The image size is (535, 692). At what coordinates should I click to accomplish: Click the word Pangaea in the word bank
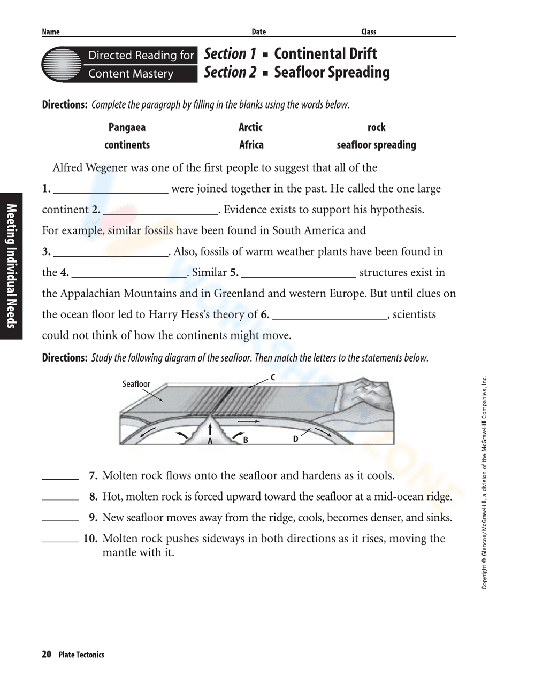point(127,127)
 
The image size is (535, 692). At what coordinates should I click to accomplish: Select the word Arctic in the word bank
point(250,127)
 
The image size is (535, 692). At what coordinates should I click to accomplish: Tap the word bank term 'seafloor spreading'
point(376,145)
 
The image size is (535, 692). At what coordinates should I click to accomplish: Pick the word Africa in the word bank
point(251,145)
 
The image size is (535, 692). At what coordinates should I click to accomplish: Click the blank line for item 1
point(111,190)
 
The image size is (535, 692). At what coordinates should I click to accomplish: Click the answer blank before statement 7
point(60,477)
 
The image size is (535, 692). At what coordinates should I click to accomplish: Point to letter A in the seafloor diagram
point(210,441)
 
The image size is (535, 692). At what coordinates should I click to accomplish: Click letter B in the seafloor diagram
point(246,440)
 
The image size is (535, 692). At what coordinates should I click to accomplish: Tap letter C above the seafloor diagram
point(272,378)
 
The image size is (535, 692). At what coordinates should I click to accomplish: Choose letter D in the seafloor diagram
point(295,439)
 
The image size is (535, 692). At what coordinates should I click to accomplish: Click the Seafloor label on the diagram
point(136,384)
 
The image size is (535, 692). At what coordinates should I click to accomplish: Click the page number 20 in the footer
point(47,655)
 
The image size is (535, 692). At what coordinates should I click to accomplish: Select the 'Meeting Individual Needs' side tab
point(11,266)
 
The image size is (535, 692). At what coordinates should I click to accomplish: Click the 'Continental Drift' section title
point(325,54)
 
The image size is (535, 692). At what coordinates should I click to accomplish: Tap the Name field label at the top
point(51,32)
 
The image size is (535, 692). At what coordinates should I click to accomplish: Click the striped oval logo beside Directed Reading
point(62,64)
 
